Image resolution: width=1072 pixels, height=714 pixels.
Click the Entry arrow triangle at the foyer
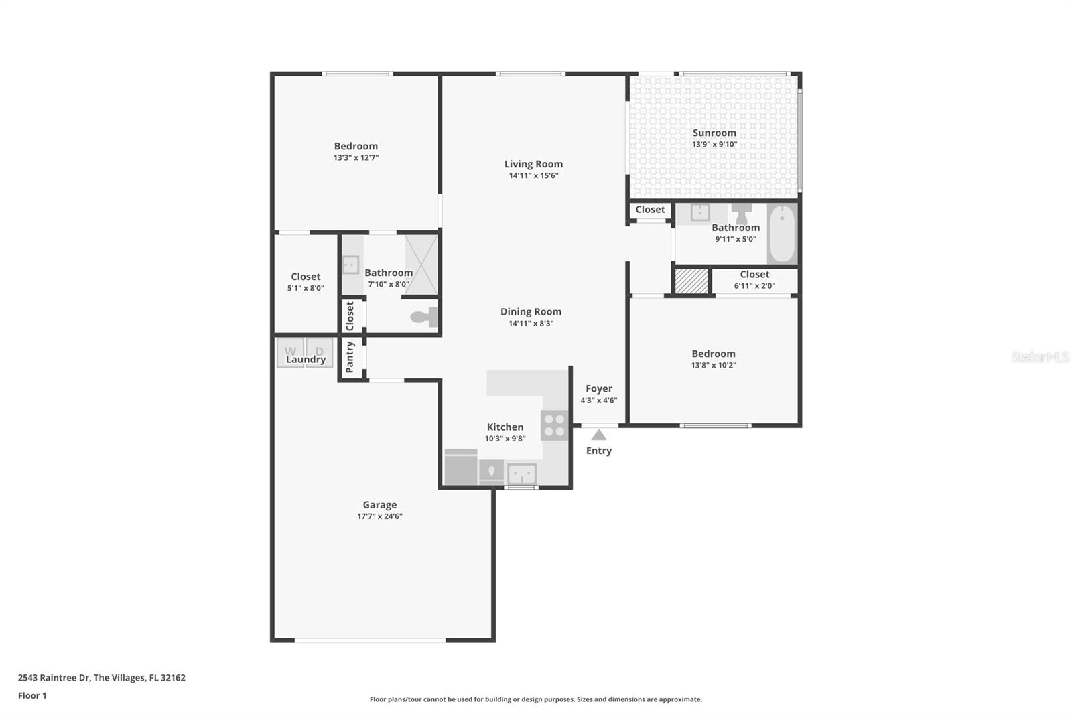(x=599, y=435)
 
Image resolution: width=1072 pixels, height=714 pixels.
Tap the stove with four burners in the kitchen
(x=554, y=425)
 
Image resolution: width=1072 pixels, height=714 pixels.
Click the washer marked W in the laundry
(x=290, y=351)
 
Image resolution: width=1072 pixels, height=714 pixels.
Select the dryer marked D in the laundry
(x=320, y=351)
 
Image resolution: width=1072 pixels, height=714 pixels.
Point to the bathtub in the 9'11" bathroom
(x=781, y=234)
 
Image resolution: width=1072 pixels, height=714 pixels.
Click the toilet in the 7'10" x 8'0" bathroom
(x=424, y=317)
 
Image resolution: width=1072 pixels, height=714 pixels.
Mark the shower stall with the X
(x=421, y=265)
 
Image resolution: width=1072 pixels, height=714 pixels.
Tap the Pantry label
(x=350, y=357)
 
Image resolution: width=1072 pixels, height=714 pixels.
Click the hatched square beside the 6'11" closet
(x=691, y=281)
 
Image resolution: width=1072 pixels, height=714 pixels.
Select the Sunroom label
(x=714, y=133)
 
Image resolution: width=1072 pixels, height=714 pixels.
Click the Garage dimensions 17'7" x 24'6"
(x=380, y=516)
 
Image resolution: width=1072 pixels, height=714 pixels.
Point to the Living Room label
(x=533, y=164)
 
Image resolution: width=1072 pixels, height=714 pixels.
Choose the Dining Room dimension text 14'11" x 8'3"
(x=531, y=324)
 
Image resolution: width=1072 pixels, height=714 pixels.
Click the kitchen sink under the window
(x=521, y=474)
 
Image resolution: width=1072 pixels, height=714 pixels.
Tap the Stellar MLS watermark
(x=1040, y=357)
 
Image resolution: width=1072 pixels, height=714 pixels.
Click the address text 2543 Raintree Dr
(x=54, y=677)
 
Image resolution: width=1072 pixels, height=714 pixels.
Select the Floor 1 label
(x=32, y=695)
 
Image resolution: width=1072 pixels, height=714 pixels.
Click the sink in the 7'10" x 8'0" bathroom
(x=350, y=265)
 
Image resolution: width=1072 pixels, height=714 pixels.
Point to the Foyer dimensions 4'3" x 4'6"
(x=598, y=401)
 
